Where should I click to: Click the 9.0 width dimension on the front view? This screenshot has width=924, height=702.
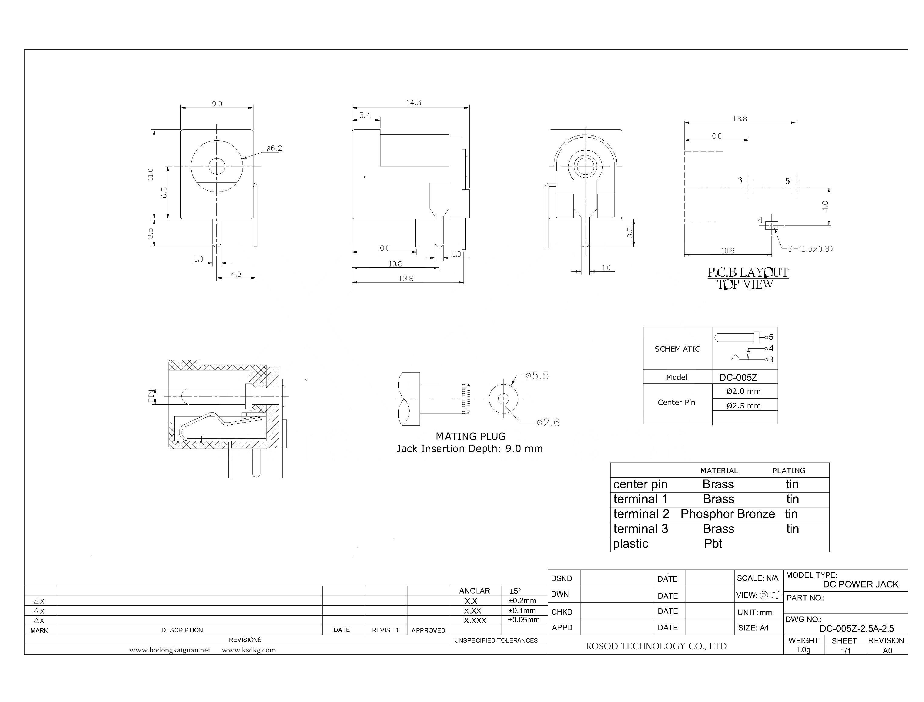click(216, 104)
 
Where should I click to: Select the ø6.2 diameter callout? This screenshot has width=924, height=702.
click(274, 148)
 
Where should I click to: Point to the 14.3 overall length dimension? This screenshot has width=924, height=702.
click(413, 102)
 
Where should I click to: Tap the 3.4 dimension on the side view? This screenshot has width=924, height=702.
click(365, 115)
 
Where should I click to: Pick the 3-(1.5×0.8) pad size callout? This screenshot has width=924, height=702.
click(810, 249)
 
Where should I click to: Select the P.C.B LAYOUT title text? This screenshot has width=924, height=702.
click(748, 273)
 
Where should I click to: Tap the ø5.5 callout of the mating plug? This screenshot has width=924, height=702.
click(537, 376)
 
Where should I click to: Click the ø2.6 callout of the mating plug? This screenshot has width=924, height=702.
click(548, 423)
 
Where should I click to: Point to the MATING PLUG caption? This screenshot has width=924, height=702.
click(470, 436)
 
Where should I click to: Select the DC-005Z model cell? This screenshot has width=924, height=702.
click(738, 378)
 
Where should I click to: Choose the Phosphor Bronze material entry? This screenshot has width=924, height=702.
click(728, 514)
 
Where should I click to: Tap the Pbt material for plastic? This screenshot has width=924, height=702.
click(713, 544)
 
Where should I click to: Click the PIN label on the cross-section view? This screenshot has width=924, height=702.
click(151, 396)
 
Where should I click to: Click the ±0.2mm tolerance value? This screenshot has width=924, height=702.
click(522, 601)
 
